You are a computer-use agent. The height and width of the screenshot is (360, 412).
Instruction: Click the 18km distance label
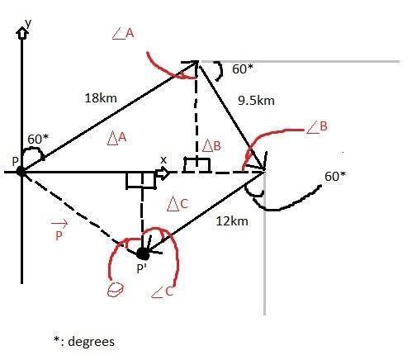click(x=101, y=98)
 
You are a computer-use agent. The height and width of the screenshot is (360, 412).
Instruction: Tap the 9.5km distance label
click(x=256, y=101)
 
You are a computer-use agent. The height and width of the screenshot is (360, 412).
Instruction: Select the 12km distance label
click(x=232, y=221)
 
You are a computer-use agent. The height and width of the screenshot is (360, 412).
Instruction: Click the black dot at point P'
click(x=143, y=253)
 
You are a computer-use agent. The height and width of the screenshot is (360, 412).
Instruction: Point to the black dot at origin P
click(x=21, y=171)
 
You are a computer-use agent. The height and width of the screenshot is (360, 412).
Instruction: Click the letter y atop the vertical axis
click(x=28, y=24)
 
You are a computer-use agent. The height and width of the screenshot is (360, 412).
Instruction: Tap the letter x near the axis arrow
click(x=163, y=160)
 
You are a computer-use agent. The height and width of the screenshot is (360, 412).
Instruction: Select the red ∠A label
click(x=123, y=34)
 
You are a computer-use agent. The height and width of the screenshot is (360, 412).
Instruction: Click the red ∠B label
click(x=317, y=126)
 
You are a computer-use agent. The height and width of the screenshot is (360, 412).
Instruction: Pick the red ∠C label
click(x=162, y=291)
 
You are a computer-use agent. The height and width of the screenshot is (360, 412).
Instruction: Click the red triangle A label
click(x=116, y=138)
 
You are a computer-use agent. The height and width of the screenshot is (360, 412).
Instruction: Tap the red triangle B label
click(x=211, y=145)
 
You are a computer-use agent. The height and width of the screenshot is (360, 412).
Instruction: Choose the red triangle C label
click(x=178, y=204)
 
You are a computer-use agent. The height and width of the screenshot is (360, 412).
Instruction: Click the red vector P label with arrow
click(x=59, y=230)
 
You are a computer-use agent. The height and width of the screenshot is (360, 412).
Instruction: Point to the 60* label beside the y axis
click(x=38, y=140)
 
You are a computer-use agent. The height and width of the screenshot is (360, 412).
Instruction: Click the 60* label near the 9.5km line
click(x=243, y=69)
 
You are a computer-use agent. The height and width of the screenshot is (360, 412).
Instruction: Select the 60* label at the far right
click(x=335, y=177)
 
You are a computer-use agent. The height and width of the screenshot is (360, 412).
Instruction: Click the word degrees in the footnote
click(x=91, y=342)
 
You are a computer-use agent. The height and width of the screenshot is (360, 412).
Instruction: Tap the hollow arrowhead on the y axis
click(x=22, y=33)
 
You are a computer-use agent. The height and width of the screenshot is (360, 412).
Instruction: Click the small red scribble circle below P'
click(x=115, y=290)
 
